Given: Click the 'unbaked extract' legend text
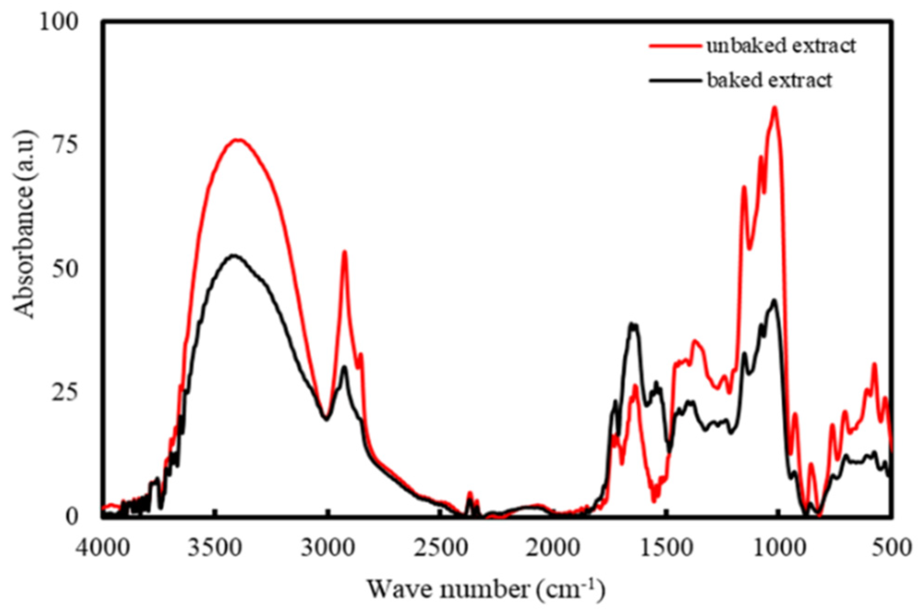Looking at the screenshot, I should [781, 46].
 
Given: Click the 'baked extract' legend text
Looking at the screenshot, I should [769, 80].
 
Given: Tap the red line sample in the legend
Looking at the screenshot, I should [675, 46].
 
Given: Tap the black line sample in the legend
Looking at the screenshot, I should [675, 81].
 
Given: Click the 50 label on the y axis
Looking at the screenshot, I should [65, 269].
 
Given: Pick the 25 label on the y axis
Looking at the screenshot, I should [65, 393].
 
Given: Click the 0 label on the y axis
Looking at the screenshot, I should [72, 516].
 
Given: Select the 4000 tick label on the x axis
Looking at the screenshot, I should [103, 548].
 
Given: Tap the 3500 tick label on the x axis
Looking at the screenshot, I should [215, 548].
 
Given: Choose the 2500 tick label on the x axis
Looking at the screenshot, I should [441, 548].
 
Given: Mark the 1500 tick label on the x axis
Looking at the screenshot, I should [666, 548].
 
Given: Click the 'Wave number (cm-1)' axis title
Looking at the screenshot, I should [485, 590].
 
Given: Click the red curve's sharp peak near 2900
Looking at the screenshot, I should [344, 252].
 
